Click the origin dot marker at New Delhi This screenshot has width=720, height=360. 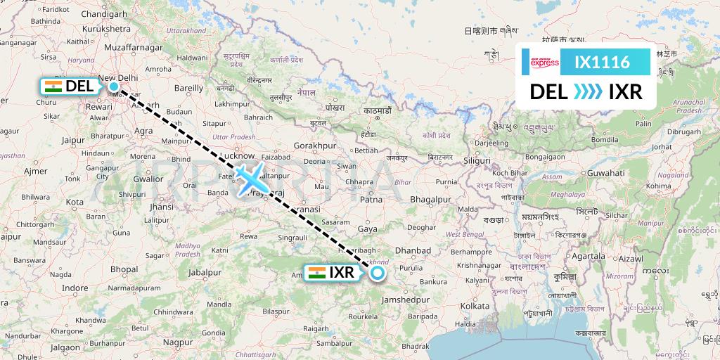coord(114,86)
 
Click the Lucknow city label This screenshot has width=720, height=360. coord(236,156)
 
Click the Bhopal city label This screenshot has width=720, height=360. coord(124,269)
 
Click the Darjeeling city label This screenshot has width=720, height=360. coord(489,143)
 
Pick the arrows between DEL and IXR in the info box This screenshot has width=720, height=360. coord(588,92)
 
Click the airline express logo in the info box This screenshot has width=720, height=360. coord(545,62)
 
